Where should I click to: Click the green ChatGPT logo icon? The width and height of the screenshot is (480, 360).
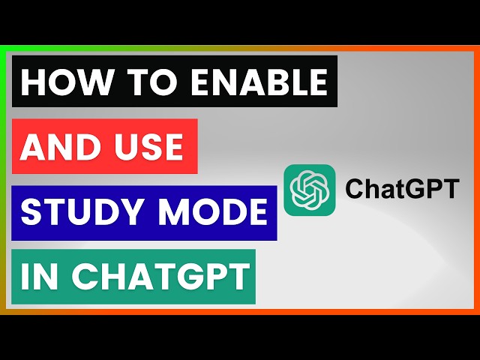pyautogui.click(x=309, y=190)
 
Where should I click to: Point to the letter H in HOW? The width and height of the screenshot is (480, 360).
pyautogui.click(x=32, y=82)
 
